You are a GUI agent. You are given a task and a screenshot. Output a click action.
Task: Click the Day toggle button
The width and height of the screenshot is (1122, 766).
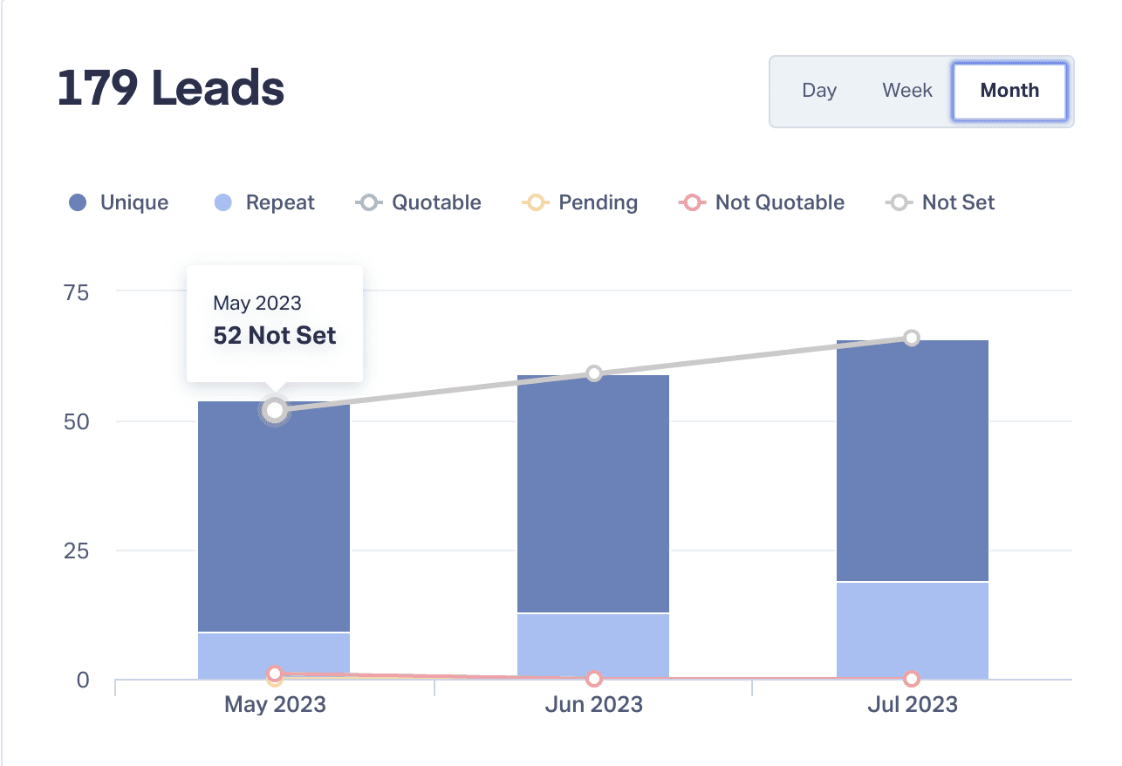click(819, 91)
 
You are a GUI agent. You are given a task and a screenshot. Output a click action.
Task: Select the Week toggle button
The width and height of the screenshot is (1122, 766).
click(907, 91)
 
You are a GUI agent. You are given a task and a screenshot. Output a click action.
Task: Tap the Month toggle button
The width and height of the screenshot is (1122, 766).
click(1009, 91)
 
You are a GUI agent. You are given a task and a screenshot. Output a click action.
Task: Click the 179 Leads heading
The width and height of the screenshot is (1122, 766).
click(171, 88)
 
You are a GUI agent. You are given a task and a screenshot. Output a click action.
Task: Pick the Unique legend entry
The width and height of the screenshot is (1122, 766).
click(119, 203)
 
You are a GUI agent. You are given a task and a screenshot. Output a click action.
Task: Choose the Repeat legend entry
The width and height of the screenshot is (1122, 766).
click(264, 203)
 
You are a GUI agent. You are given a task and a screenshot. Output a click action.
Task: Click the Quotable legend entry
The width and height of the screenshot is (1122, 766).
click(419, 203)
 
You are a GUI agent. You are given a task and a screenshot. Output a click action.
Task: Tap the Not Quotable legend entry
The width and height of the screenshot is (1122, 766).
click(761, 203)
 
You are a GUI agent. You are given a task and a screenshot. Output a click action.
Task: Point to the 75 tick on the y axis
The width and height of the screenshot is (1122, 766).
click(77, 292)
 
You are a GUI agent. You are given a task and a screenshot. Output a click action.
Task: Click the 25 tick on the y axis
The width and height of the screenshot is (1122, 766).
click(77, 551)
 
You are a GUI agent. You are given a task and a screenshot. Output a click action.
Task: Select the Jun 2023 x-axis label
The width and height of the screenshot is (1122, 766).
click(593, 705)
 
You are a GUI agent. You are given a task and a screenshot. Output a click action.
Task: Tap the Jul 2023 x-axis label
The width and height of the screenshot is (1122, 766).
click(912, 705)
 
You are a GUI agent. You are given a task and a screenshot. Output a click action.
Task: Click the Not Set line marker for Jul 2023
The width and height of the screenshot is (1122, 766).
click(912, 338)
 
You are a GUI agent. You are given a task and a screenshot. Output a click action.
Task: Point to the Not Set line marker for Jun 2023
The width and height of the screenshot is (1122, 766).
click(594, 373)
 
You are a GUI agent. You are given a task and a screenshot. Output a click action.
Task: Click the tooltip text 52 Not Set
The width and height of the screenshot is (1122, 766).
click(275, 336)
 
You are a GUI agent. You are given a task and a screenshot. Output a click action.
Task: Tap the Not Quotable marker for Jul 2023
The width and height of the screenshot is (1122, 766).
click(912, 679)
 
